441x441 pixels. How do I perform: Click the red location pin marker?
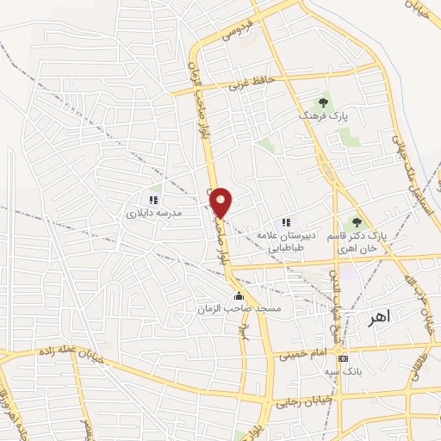(221, 202)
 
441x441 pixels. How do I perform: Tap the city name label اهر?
(378, 316)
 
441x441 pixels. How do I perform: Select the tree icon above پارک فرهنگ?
(323, 102)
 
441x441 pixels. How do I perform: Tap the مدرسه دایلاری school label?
(152, 213)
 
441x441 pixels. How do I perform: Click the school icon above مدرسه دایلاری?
(152, 200)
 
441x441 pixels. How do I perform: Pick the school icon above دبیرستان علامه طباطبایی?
(287, 222)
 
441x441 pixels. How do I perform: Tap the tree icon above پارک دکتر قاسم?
(357, 223)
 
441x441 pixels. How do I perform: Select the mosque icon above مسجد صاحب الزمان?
(237, 296)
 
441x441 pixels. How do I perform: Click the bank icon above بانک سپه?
(344, 357)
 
